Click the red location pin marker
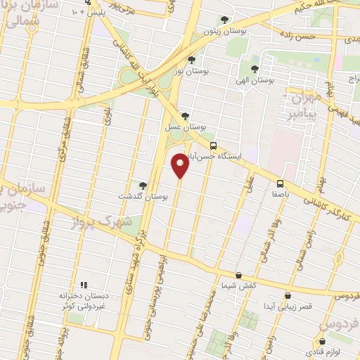(x=181, y=166)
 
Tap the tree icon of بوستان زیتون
(x=224, y=20)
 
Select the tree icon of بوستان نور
(x=191, y=60)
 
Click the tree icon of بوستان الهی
(x=255, y=69)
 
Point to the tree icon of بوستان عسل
(x=184, y=116)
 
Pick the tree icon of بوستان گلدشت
(x=144, y=185)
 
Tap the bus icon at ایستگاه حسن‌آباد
(x=214, y=146)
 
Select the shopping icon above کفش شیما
(x=239, y=274)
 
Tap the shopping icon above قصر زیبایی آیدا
(x=288, y=295)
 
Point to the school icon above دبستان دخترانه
(x=83, y=285)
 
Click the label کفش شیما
(x=239, y=285)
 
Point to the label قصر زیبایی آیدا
(x=288, y=307)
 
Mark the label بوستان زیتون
(x=224, y=31)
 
